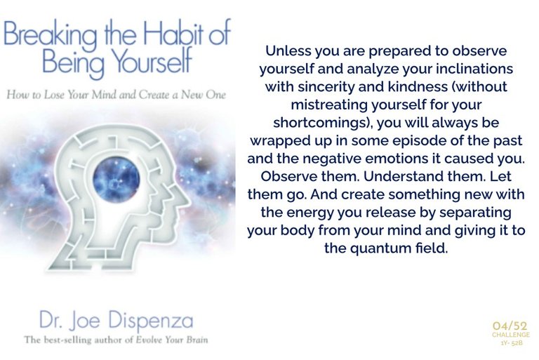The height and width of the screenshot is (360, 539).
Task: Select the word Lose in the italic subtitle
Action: pos(53,95)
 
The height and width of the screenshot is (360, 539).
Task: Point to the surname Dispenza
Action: pos(151,321)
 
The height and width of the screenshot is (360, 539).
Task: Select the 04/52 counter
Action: pos(510,326)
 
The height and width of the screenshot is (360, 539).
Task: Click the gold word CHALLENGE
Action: pos(511,335)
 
